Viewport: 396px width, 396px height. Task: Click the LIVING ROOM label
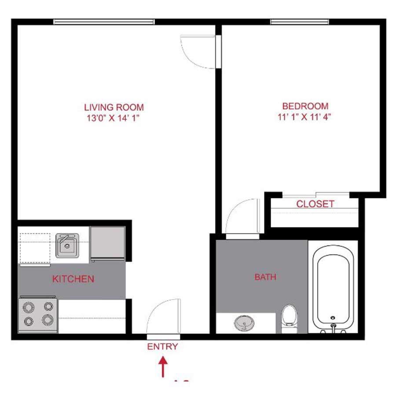(114, 107)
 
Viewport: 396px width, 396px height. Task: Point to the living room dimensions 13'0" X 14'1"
(114, 118)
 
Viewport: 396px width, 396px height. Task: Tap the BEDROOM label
(305, 106)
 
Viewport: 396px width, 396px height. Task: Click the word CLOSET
(315, 204)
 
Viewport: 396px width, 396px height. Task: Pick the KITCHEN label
(73, 279)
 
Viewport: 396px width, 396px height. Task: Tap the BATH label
(265, 277)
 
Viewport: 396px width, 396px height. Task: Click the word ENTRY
(162, 347)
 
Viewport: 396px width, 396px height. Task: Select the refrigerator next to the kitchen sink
(107, 243)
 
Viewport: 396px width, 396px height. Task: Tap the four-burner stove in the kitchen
(38, 314)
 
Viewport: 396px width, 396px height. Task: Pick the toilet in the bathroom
(289, 317)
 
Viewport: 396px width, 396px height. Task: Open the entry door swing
(164, 316)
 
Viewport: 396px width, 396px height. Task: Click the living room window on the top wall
(104, 22)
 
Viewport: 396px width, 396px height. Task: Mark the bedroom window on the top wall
(299, 22)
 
